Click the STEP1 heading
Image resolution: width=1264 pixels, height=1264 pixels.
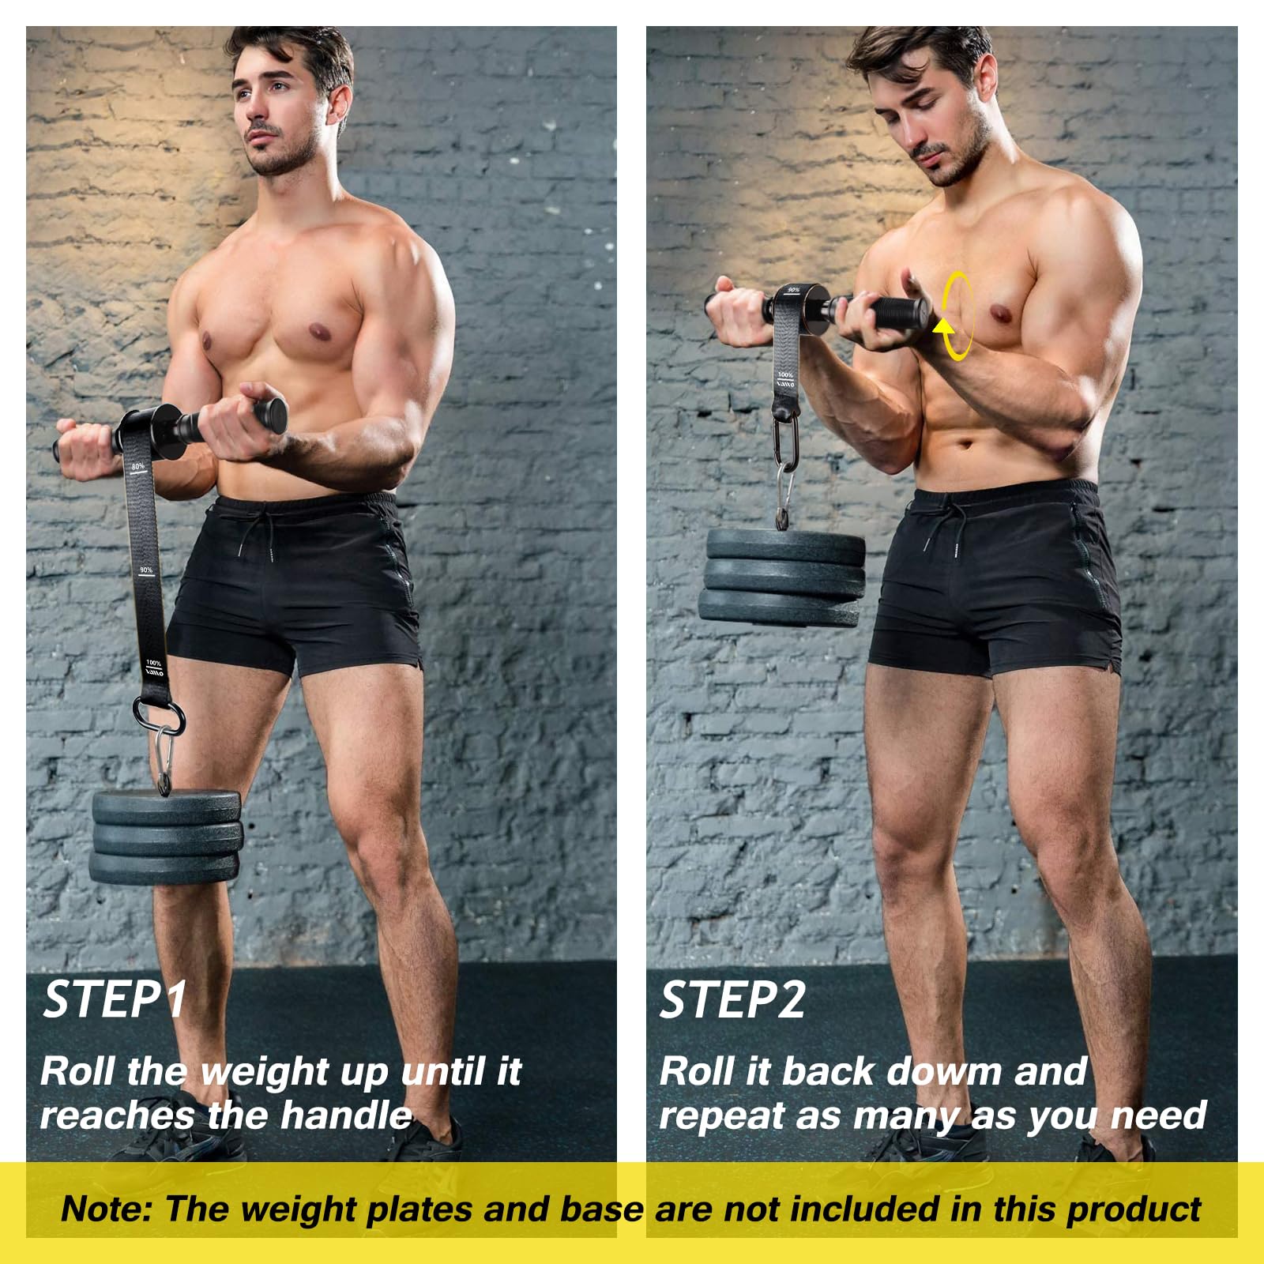point(115,999)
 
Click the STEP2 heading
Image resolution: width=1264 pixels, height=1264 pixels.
point(732,999)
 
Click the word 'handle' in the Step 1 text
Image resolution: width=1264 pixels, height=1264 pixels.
point(346,1115)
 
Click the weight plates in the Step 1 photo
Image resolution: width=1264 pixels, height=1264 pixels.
point(166,837)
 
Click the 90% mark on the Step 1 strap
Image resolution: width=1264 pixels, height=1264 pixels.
point(146,570)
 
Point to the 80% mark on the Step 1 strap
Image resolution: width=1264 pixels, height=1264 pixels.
point(138,467)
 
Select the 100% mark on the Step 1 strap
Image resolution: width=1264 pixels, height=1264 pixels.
point(154,663)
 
